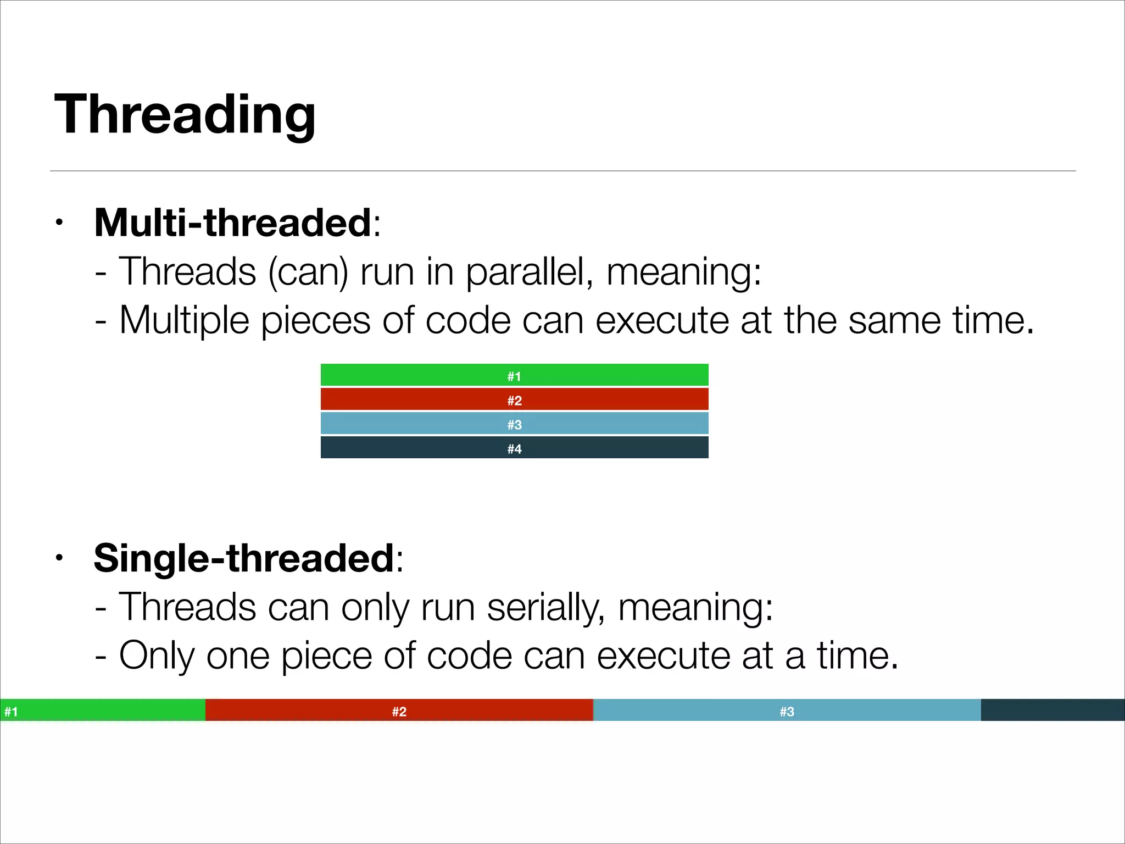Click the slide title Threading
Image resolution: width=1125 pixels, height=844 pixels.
pos(185,114)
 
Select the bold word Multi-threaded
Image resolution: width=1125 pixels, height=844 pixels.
pos(233,223)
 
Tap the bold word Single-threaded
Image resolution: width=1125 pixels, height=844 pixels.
pos(244,558)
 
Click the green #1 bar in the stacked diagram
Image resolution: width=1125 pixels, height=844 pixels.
pos(514,375)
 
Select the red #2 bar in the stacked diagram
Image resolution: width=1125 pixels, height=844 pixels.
pos(514,399)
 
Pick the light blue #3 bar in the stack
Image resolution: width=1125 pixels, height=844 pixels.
pos(514,424)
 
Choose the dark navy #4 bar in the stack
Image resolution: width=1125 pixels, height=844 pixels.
pos(514,448)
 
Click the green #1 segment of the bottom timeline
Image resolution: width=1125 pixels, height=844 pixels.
pos(103,710)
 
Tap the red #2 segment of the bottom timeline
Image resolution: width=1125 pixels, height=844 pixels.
pos(399,710)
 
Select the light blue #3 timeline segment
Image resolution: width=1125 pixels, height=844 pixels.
pos(787,710)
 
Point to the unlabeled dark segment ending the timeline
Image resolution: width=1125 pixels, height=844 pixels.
pos(1052,710)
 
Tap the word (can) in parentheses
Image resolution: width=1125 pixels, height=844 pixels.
pos(308,273)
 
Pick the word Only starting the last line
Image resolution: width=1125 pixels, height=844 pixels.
pos(157,656)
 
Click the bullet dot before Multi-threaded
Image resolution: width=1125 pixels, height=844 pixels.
pos(59,223)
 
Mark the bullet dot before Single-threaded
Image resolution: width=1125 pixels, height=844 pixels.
pos(59,558)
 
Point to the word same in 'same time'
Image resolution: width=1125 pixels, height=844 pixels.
pos(894,321)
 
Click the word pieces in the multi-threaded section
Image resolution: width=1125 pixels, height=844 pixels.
pos(315,321)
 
